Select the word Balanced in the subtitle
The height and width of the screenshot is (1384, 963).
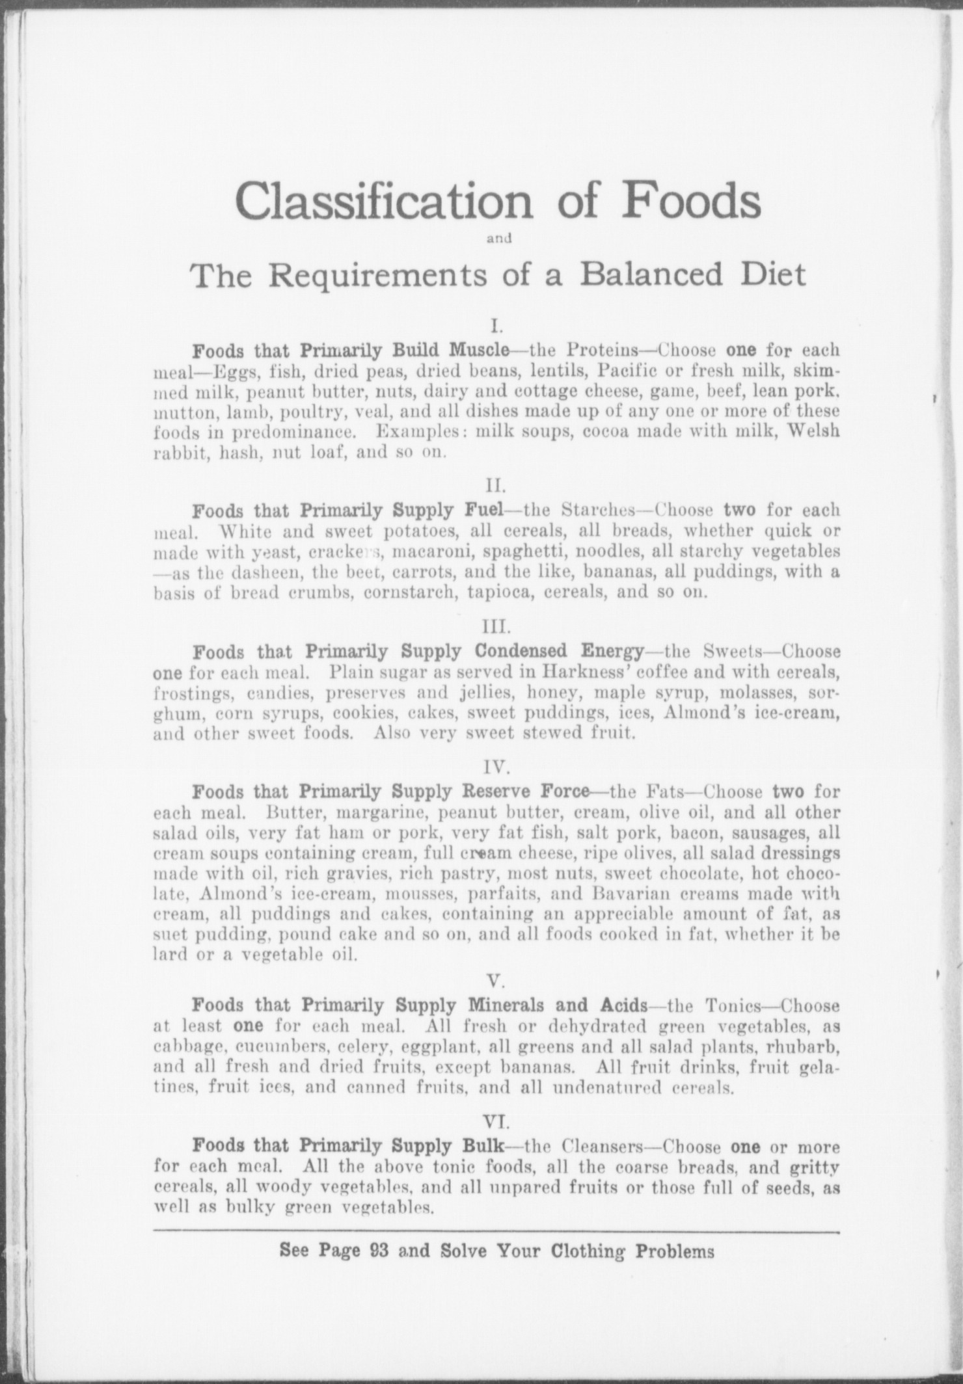651,274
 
